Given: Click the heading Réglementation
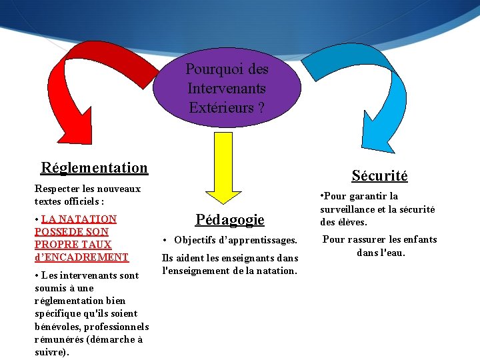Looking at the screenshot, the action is (x=94, y=167).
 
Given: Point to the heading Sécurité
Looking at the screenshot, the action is (x=379, y=175).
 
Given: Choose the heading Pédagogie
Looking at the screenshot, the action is (x=229, y=219).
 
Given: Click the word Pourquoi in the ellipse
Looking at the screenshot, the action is (x=207, y=69).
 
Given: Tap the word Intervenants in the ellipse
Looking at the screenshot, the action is (x=227, y=88).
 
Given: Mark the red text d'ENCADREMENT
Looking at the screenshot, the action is (x=81, y=257).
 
